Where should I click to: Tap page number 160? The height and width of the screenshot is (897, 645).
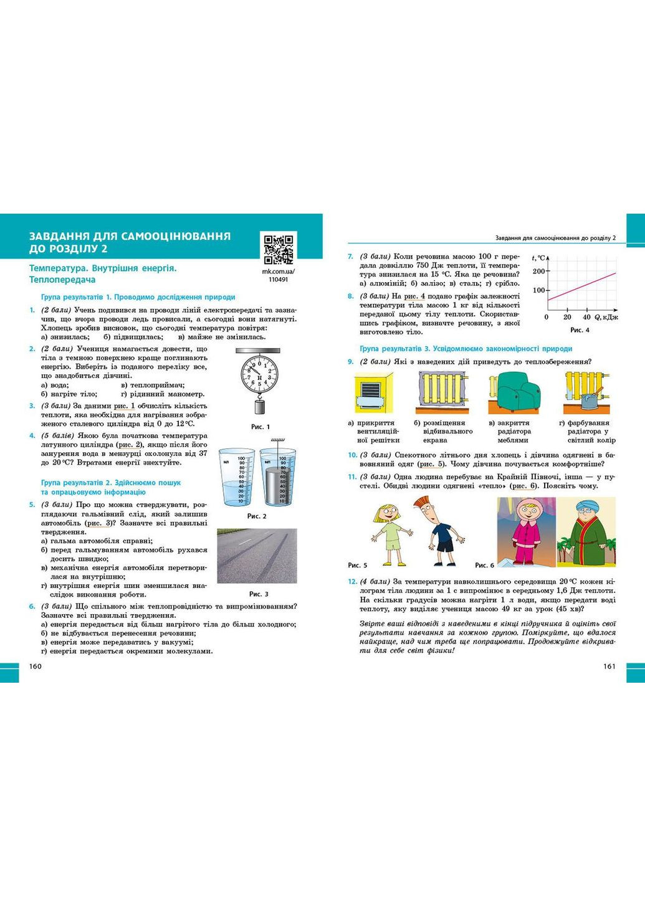(36, 667)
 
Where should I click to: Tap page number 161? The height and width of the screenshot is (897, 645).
(609, 667)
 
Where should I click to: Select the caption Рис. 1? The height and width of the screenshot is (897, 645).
(260, 427)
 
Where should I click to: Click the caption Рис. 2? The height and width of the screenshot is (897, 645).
(257, 516)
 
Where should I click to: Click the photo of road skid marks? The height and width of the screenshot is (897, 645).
(257, 556)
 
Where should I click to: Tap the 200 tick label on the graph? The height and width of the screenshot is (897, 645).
(538, 271)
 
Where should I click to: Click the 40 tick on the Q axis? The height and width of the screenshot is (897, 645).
(586, 317)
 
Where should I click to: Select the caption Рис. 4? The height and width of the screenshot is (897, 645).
(580, 330)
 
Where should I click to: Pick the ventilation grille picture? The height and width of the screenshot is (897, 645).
(374, 392)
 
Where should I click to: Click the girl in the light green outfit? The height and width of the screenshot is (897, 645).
(391, 528)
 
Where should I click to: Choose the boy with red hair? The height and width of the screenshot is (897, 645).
(441, 526)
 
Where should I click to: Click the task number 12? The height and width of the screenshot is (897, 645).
(352, 582)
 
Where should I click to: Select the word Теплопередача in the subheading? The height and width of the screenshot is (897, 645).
(62, 280)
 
